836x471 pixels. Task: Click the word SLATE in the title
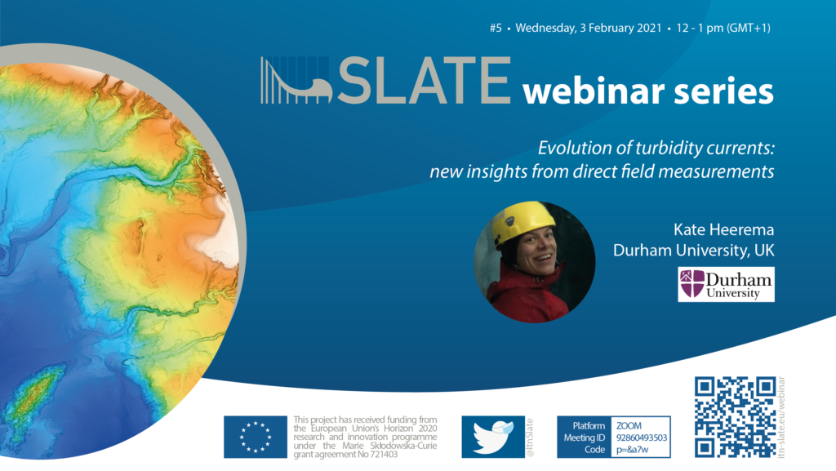click(x=425, y=81)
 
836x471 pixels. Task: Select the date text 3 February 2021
click(x=620, y=29)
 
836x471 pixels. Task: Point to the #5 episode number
click(x=496, y=29)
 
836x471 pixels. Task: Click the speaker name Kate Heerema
click(x=723, y=229)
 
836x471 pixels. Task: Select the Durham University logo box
click(x=726, y=285)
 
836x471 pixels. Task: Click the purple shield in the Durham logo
click(x=692, y=283)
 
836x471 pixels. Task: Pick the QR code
click(x=736, y=417)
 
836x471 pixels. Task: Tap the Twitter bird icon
click(x=493, y=437)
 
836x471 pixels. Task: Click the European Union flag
click(x=256, y=437)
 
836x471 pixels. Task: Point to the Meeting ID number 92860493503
click(x=642, y=438)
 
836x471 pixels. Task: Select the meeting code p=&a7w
click(x=633, y=450)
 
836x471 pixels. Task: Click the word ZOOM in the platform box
click(x=629, y=426)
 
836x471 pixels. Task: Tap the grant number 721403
click(x=384, y=455)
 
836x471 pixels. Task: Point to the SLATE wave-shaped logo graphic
click(x=296, y=81)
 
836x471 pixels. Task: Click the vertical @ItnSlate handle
click(x=530, y=438)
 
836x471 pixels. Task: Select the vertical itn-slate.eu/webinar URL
click(x=781, y=417)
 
